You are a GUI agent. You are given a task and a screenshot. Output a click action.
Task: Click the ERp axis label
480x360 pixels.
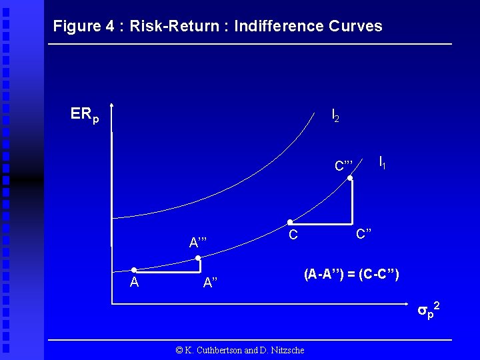pyautogui.click(x=85, y=115)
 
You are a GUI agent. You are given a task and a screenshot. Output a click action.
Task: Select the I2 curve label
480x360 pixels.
pyautogui.click(x=335, y=116)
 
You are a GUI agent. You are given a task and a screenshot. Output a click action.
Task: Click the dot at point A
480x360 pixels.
pyautogui.click(x=134, y=270)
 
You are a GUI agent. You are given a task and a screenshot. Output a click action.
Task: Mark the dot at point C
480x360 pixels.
pyautogui.click(x=289, y=222)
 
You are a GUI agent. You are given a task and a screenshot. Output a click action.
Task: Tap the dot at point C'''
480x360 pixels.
pyautogui.click(x=351, y=179)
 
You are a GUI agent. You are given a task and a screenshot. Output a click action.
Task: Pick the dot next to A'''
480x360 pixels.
pyautogui.click(x=198, y=258)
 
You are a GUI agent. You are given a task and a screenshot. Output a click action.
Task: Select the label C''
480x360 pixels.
pyautogui.click(x=364, y=234)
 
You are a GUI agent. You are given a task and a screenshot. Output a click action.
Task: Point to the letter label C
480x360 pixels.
pyautogui.click(x=293, y=235)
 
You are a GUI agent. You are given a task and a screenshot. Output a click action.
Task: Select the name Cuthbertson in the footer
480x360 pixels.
pyautogui.click(x=214, y=350)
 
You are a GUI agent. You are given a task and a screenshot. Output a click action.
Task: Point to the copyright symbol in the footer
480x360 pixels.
pyautogui.click(x=179, y=350)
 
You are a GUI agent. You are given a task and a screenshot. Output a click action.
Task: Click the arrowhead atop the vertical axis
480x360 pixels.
pyautogui.click(x=113, y=105)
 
